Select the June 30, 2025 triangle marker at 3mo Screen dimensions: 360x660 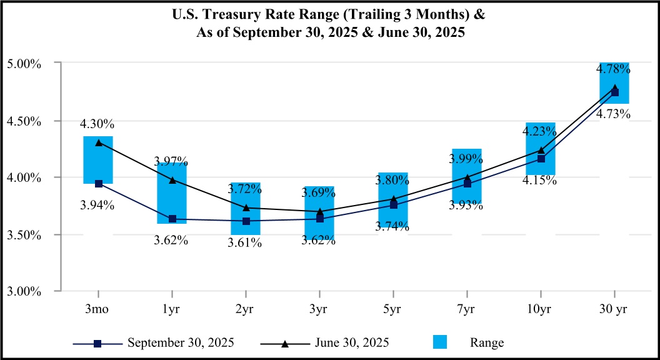coord(98,142)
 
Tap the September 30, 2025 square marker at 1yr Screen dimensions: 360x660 coord(172,219)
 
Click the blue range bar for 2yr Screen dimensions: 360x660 coord(246,194)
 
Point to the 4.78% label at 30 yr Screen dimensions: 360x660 coord(612,69)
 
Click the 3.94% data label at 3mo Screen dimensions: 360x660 coord(97,204)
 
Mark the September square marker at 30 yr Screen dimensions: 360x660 coord(614,92)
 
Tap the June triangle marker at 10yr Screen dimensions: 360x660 coord(541,150)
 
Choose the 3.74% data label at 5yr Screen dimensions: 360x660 coord(392,227)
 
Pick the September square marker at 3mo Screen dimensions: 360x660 coord(98,184)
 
